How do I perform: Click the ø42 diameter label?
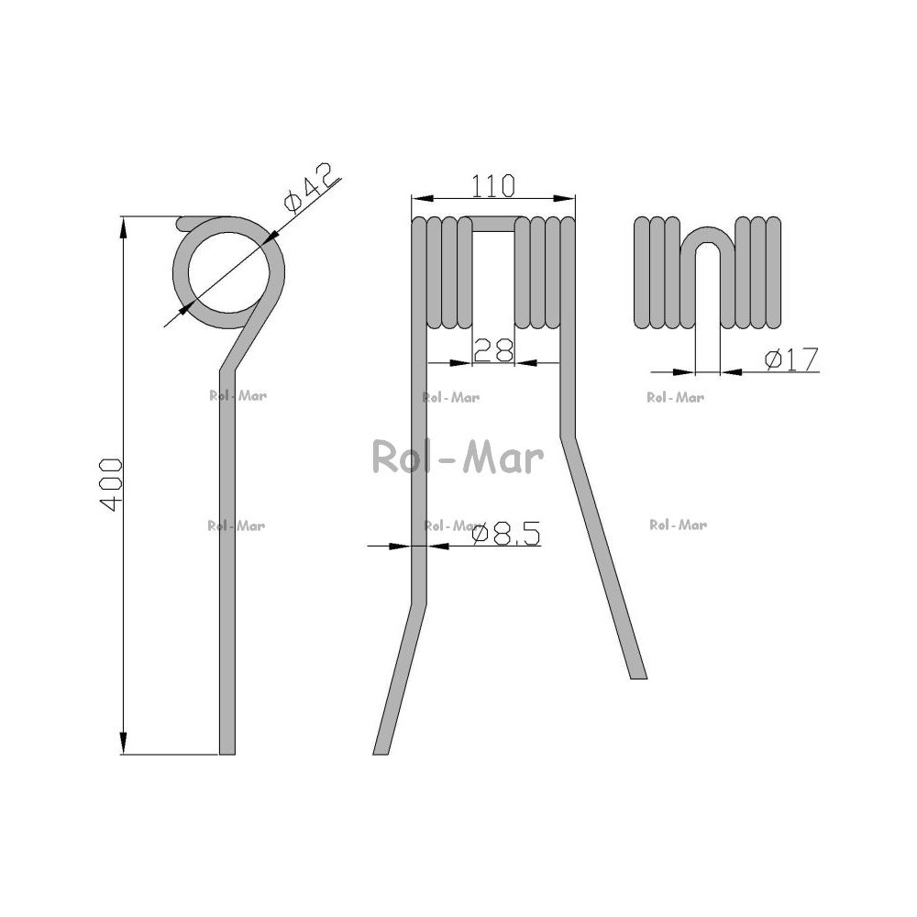pyautogui.click(x=309, y=188)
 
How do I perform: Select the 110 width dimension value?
pyautogui.click(x=493, y=186)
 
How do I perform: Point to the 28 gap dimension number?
pyautogui.click(x=493, y=350)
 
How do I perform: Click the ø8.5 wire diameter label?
pyautogui.click(x=506, y=534)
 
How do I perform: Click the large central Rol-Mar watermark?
pyautogui.click(x=458, y=458)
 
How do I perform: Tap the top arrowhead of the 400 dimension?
pyautogui.click(x=123, y=227)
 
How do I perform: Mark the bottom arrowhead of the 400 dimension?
pyautogui.click(x=123, y=744)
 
